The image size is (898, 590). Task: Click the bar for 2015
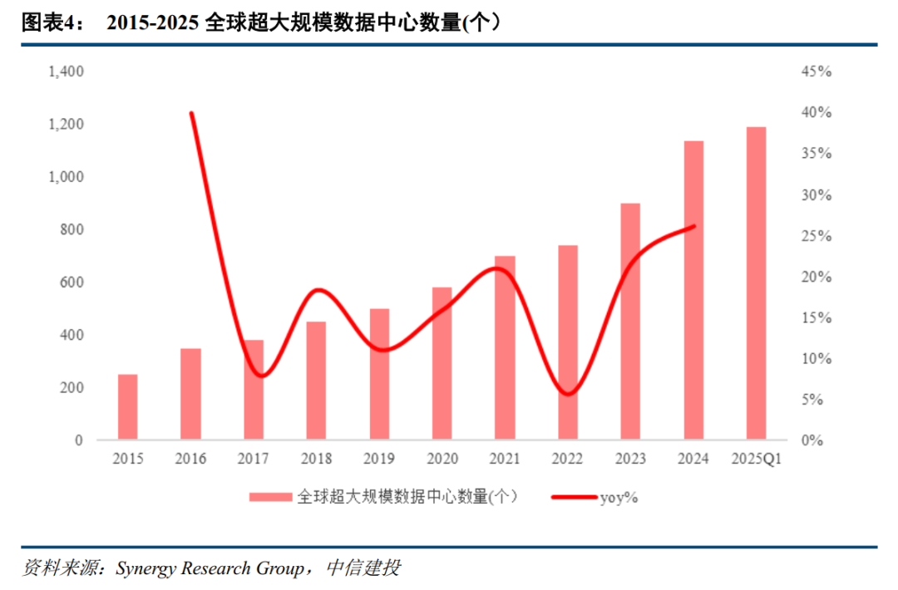127,407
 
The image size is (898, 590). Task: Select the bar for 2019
379,374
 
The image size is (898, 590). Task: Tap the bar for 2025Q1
756,283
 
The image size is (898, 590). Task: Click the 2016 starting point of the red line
192,113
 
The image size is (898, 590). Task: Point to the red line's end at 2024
693,225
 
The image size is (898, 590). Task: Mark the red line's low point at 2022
568,394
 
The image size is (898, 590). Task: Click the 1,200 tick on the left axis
67,125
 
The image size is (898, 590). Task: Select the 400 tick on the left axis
72,335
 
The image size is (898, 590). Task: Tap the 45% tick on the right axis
816,72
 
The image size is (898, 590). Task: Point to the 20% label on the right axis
816,277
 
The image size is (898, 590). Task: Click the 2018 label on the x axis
317,459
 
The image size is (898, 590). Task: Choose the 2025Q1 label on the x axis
756,459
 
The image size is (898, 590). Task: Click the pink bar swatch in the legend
271,497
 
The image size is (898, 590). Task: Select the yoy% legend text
619,497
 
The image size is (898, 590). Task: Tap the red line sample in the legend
575,497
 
